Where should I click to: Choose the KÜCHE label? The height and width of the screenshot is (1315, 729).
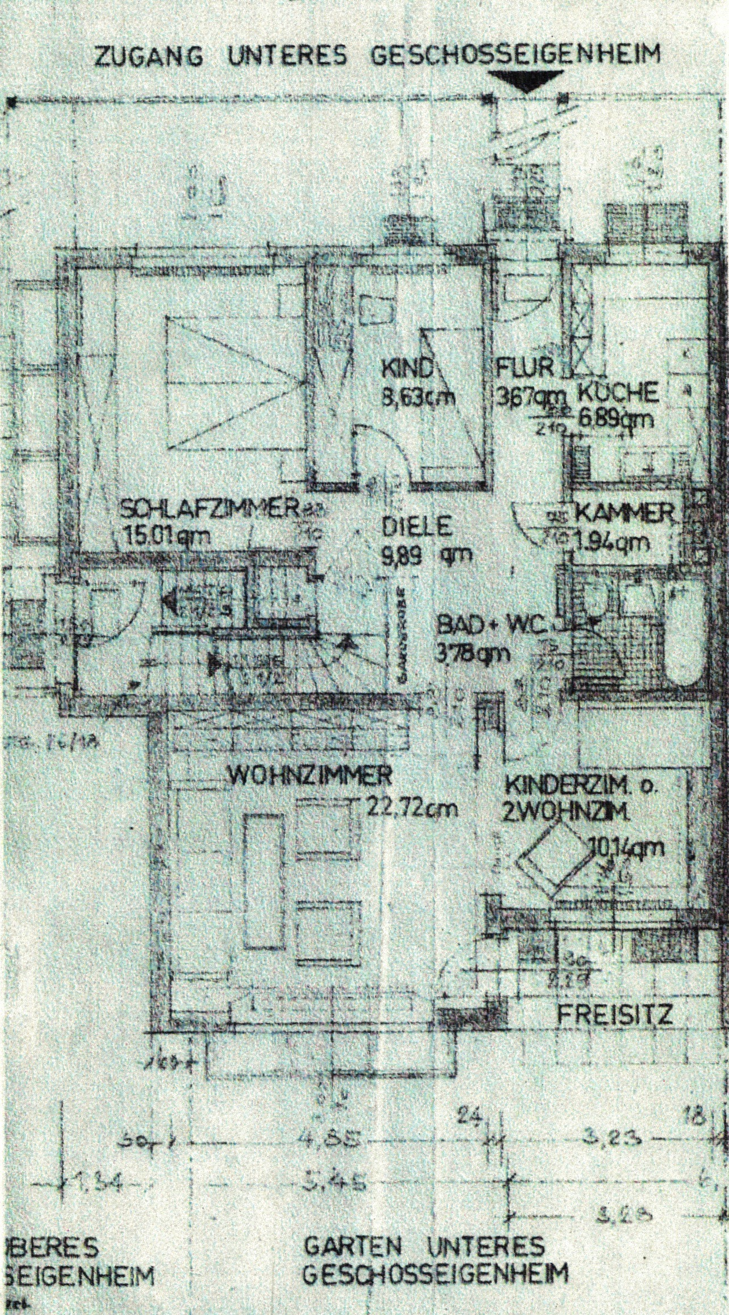point(619,393)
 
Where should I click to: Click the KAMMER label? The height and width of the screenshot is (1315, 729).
point(625,515)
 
